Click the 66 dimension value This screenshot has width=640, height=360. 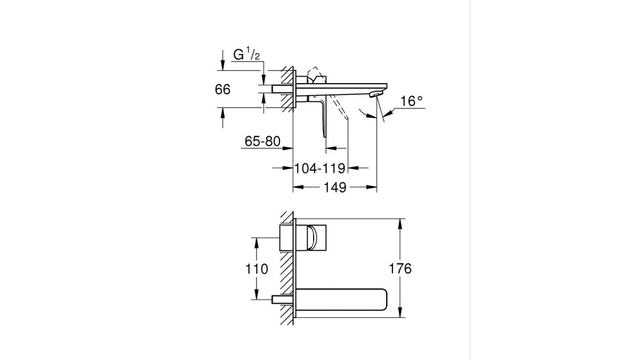222,90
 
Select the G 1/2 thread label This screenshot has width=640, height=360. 246,54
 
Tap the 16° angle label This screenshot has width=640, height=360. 411,101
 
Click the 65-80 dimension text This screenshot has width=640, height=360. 262,141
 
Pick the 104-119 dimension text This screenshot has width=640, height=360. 319,169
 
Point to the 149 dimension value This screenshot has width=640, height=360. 335,187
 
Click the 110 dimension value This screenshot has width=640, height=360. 257,269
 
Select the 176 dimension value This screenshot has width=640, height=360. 400,269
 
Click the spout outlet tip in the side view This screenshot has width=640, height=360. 376,94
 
